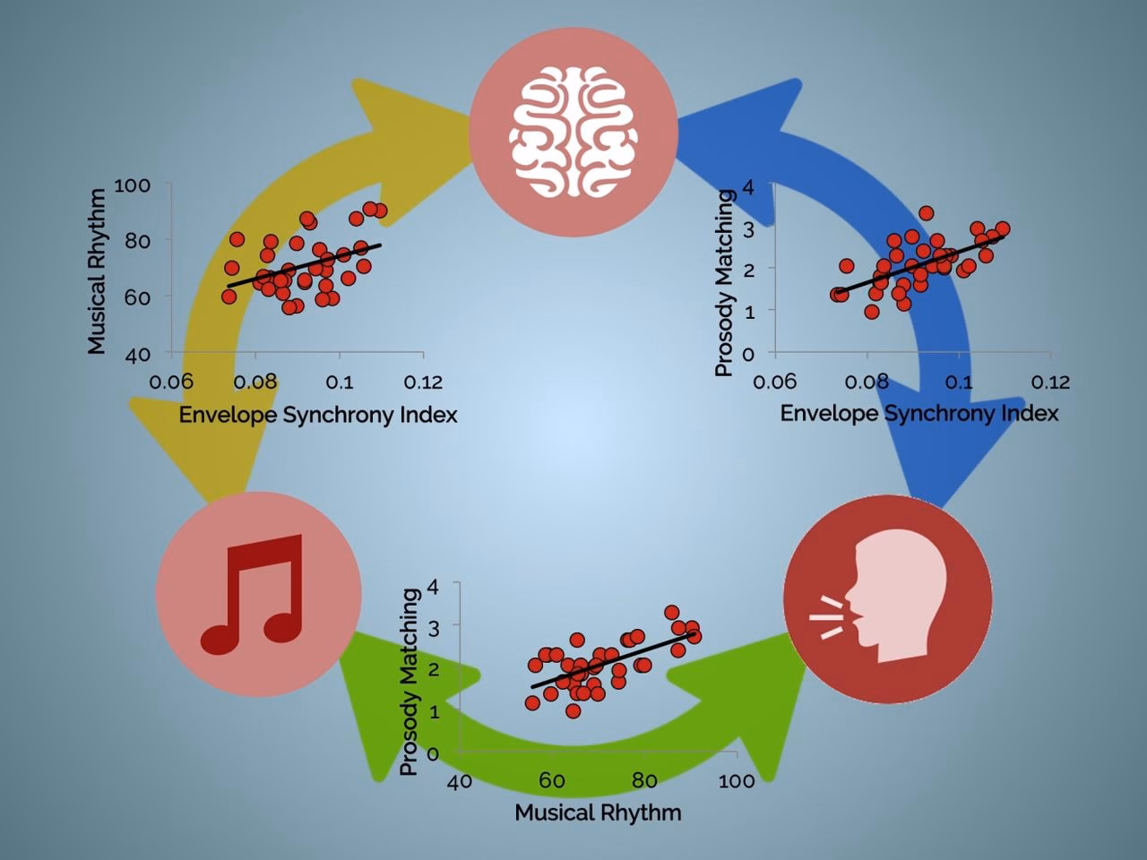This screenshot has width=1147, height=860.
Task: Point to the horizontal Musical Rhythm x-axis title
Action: point(598,813)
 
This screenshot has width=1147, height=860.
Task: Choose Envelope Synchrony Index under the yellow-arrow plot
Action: point(318,415)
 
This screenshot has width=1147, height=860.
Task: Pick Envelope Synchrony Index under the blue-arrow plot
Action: point(919,413)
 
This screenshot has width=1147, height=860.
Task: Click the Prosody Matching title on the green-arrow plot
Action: point(410,682)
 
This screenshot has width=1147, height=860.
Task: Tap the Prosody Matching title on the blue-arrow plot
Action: point(726,282)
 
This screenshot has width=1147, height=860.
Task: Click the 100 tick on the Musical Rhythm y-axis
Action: point(132,185)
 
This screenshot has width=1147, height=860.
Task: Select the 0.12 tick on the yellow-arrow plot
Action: point(423,383)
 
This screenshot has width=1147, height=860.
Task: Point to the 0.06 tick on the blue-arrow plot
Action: point(774,383)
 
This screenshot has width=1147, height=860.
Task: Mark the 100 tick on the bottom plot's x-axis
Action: point(736,781)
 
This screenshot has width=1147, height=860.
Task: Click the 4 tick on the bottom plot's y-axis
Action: point(433,586)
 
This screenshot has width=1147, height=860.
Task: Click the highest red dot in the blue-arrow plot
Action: point(926,213)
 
